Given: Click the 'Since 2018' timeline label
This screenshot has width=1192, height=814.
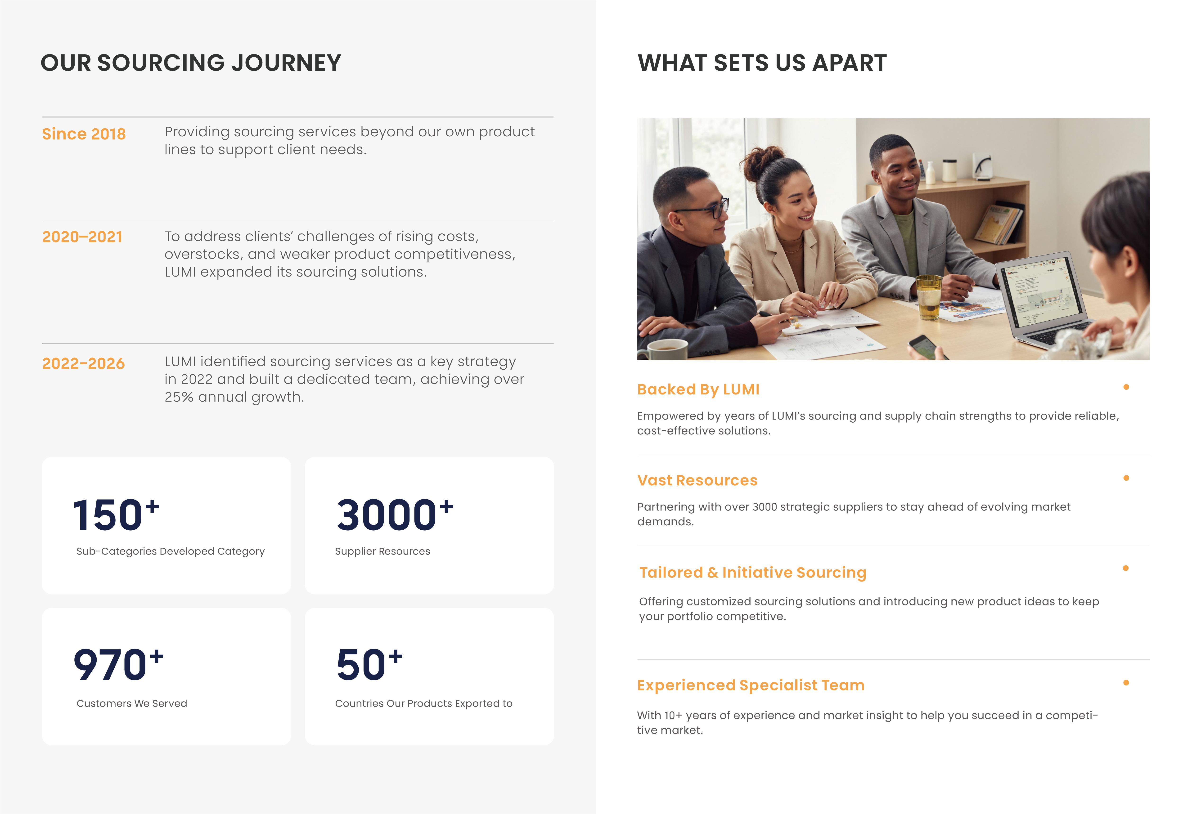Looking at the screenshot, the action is coord(84,134).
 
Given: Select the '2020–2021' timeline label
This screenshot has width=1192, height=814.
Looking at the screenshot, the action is coord(82,237).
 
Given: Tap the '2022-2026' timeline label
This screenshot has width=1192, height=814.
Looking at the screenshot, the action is coord(83,363).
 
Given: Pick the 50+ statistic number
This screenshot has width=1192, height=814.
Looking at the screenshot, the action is coord(369,664).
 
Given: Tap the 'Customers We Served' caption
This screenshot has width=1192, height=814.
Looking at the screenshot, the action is coord(132,703).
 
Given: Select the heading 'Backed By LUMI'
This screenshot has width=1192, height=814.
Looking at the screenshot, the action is coord(698,389).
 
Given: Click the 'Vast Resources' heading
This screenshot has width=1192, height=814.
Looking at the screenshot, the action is coord(697,480).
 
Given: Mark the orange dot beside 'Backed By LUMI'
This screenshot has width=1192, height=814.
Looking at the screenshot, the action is coord(1126,387).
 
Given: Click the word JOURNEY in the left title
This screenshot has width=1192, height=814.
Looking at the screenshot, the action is coord(286,63).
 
